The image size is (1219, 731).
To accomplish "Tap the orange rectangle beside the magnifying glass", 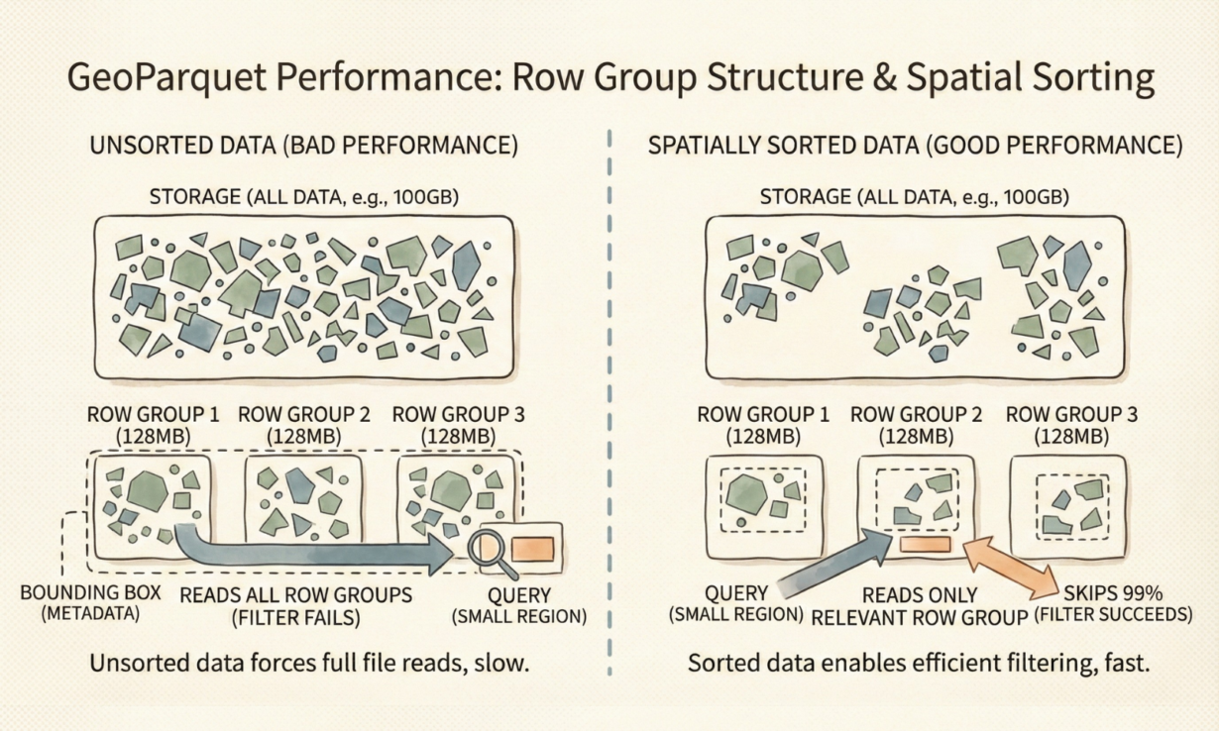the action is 532,549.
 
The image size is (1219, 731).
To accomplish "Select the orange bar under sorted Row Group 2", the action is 925,544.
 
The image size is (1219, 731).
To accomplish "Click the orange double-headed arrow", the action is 1011,568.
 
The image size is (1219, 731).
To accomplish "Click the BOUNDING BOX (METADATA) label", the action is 91,602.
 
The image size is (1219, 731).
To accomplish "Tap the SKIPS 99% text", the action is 1113,593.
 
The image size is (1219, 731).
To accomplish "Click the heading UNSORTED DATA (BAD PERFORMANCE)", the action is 303,146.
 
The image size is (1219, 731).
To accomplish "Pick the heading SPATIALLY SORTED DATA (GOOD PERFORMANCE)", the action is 916,146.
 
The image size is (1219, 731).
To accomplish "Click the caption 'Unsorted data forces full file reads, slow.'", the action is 309,664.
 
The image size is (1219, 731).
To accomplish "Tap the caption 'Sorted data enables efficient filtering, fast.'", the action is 919,664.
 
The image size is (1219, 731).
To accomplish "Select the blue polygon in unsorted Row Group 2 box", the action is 298,485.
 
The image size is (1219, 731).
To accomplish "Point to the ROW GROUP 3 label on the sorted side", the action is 1071,425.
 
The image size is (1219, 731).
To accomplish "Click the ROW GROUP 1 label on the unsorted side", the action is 153,425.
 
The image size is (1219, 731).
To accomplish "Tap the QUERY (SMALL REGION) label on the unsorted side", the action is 519,606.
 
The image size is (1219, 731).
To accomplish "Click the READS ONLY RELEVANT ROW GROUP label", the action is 919,606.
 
